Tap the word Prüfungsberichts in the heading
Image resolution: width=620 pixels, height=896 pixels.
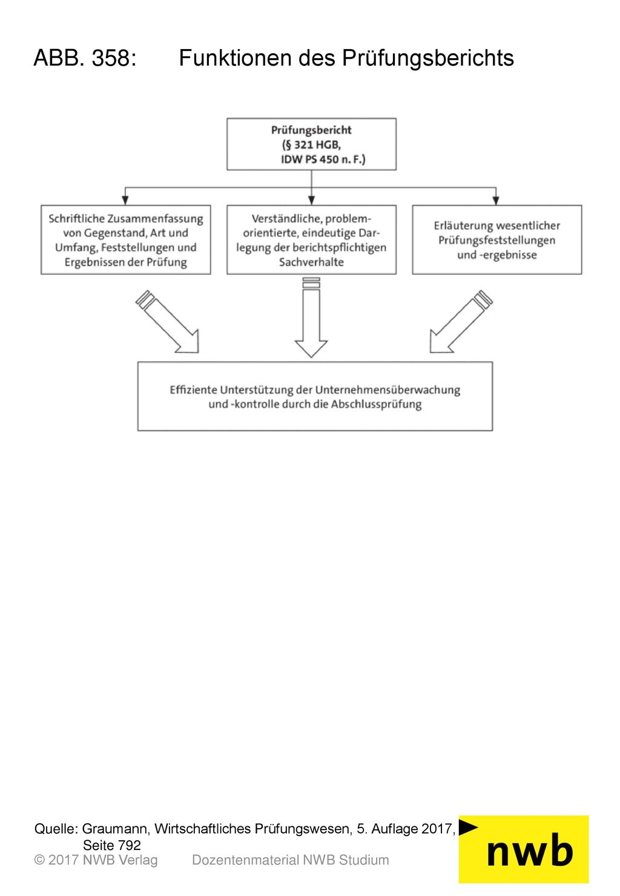coord(427,58)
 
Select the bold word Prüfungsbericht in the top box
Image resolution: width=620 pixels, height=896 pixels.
coord(311,130)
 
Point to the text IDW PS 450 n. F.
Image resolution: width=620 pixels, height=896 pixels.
coord(322,159)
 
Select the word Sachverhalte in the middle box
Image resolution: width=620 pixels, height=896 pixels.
coord(311,262)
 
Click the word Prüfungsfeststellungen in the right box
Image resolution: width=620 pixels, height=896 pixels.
coord(496,241)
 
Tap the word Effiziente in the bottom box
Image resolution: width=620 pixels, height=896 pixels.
coord(193,390)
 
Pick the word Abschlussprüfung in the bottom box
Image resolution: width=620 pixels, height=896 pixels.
coord(376,405)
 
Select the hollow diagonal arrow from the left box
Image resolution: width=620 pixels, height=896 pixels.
coord(167,322)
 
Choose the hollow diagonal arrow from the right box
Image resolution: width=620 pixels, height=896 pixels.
coord(461,322)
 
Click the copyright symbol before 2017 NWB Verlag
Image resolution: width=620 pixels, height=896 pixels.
coord(39,860)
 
